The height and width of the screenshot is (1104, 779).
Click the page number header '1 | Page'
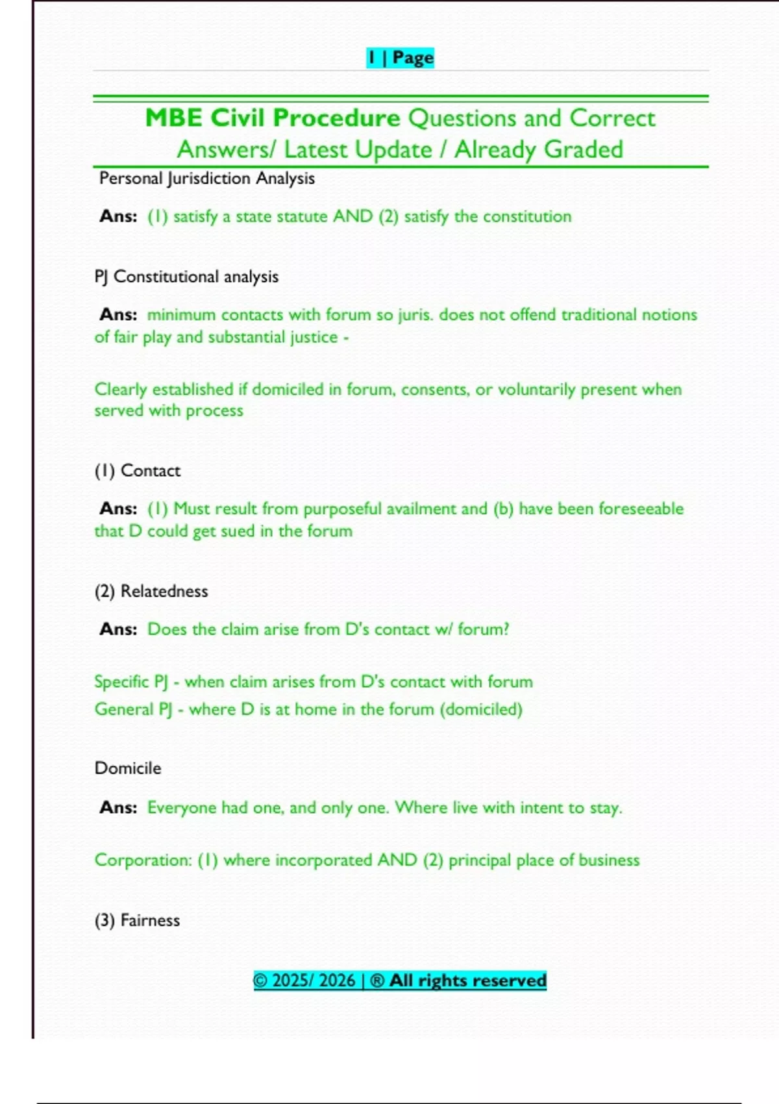tap(400, 58)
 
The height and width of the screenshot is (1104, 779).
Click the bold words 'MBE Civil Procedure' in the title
tap(273, 118)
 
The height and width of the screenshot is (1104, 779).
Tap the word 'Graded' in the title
tap(584, 149)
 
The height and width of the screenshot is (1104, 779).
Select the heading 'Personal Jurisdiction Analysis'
tap(206, 179)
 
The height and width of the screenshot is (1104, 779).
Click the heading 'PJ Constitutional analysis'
tap(186, 277)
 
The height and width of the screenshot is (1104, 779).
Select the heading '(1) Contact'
tap(138, 471)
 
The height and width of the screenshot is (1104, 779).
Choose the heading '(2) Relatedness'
tap(151, 592)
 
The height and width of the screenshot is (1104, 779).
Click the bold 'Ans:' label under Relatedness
tap(118, 629)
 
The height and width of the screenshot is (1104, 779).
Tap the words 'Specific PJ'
tap(131, 682)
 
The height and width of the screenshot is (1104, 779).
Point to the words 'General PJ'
tap(133, 709)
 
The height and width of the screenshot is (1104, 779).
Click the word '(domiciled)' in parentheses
tap(481, 709)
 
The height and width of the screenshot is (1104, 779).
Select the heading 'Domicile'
tap(128, 768)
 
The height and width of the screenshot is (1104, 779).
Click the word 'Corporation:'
tap(143, 860)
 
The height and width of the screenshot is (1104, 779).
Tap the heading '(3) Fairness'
tap(138, 920)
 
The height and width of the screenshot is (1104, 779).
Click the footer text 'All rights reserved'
tap(467, 981)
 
